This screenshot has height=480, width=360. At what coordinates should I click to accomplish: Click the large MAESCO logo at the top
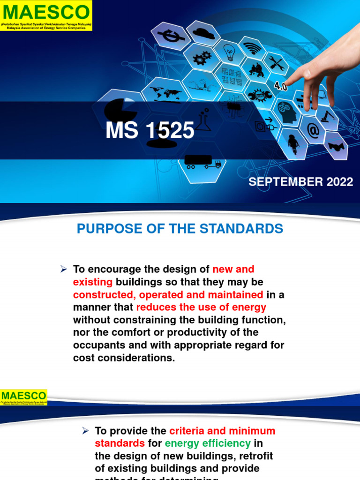pos(46,15)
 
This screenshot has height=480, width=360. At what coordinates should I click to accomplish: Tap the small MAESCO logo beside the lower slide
pos(24,397)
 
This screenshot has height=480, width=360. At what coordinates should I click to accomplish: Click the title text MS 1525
pos(150,131)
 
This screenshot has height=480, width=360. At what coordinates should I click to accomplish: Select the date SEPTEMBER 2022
pos(300,182)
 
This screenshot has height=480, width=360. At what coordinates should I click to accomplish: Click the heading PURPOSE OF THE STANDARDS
pos(180,229)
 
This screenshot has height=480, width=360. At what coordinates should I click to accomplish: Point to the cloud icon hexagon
pos(203,34)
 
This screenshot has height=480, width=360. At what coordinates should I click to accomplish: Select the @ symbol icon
pos(313,131)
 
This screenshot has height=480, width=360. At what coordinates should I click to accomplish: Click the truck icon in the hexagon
pos(202,162)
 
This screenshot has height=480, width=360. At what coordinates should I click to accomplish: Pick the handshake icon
pos(336,146)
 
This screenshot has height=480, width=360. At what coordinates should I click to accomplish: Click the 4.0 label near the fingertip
pos(280,87)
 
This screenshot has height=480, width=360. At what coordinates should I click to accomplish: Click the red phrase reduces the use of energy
pos(201,307)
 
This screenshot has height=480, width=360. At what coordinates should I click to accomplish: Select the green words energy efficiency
pos(208,443)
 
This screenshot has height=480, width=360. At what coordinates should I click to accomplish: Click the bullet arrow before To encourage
pos(64,269)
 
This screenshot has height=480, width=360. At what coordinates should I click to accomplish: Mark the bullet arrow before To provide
pos(86,430)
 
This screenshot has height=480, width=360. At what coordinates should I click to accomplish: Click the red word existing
pos(93,282)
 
